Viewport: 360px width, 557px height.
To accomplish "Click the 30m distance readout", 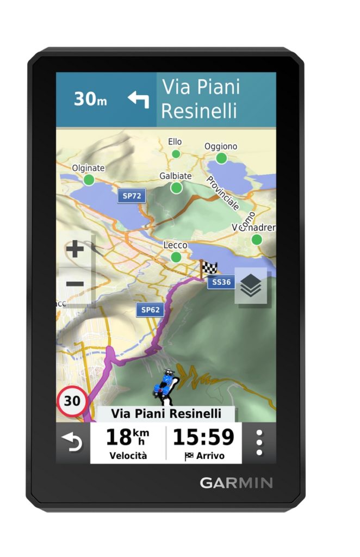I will [x=91, y=99].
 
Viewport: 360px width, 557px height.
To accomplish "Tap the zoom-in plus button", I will [x=75, y=250].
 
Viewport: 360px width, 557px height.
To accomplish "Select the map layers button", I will [x=251, y=286].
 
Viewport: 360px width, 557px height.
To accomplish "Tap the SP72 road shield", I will [x=132, y=195].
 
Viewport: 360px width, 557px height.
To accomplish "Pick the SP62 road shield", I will [x=150, y=310].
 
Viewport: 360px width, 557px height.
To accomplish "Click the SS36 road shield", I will [x=221, y=282].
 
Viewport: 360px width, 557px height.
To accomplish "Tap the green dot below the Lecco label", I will [x=176, y=257].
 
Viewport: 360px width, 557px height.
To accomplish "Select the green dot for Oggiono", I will [x=221, y=158].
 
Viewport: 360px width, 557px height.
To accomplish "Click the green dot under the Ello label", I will [x=176, y=154].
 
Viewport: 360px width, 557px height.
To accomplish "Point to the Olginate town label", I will [x=88, y=168].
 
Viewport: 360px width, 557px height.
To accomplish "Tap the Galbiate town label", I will [x=175, y=176].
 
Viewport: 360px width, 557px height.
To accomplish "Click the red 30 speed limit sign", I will [x=72, y=401].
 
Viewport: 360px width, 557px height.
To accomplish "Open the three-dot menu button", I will [x=259, y=443].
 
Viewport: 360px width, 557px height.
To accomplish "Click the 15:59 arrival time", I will [x=203, y=437].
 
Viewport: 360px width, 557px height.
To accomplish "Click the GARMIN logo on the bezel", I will [x=236, y=482].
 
